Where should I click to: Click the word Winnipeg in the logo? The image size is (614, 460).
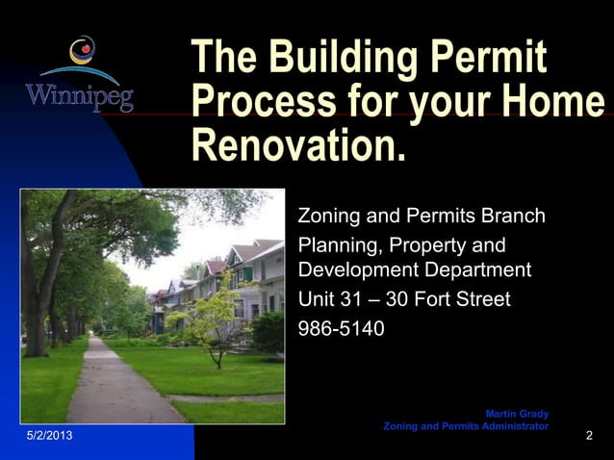click(79, 98)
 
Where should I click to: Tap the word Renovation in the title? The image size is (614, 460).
click(293, 144)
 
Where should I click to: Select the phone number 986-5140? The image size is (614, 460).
click(342, 329)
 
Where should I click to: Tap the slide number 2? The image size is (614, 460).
click(589, 438)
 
